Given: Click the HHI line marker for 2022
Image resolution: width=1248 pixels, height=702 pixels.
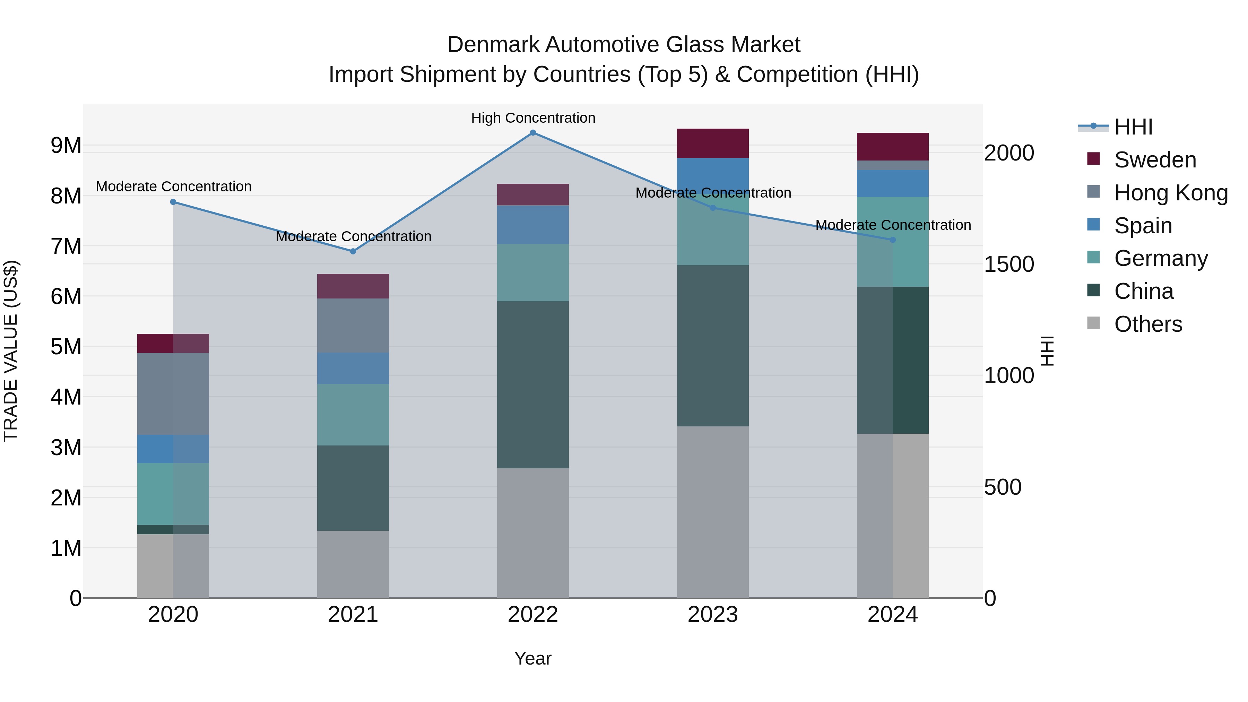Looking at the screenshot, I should click(533, 133).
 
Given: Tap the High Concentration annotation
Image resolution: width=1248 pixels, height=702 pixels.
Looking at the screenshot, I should click(533, 118).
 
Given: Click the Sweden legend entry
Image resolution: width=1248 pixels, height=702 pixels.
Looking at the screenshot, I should click(1155, 159).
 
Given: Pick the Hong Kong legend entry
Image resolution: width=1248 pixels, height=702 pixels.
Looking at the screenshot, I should click(1170, 192).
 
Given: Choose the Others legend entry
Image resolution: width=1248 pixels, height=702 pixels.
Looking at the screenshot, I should click(1148, 324).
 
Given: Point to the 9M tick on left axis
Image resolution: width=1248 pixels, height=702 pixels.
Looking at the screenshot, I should click(66, 145).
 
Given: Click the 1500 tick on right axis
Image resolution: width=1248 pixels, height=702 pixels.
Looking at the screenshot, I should click(1009, 264).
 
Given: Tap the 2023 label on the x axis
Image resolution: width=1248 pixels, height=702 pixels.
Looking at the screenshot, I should click(713, 615).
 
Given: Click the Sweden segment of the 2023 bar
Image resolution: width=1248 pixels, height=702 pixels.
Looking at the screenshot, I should click(713, 144).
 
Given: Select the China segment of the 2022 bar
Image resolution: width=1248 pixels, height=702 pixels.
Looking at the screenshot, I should click(533, 385).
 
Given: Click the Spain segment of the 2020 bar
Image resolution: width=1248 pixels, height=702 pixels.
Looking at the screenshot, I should click(173, 449).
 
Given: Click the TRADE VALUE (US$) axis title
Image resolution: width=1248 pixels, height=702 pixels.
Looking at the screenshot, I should click(11, 351).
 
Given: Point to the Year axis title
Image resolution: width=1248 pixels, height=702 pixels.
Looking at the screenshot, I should click(533, 658).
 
